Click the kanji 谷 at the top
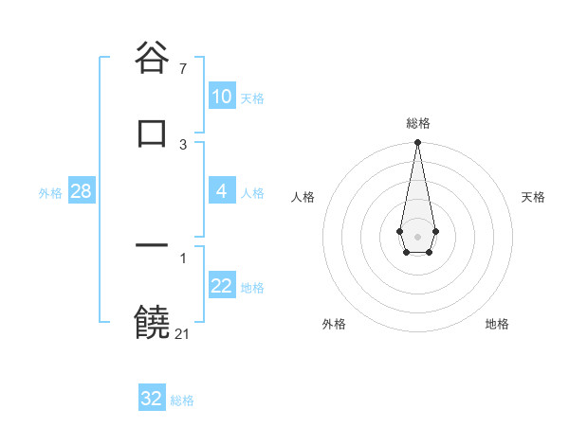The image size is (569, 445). pyautogui.click(x=153, y=57)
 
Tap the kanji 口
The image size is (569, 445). pyautogui.click(x=153, y=132)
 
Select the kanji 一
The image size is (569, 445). pyautogui.click(x=153, y=246)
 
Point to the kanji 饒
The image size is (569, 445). pyautogui.click(x=153, y=322)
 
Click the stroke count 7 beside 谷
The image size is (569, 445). pyautogui.click(x=183, y=69)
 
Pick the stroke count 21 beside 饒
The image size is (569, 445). pyautogui.click(x=183, y=334)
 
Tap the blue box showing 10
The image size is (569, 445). pyautogui.click(x=222, y=97)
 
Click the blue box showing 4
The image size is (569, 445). pyautogui.click(x=222, y=191)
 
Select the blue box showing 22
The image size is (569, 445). pyautogui.click(x=222, y=286)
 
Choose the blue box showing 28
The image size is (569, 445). pyautogui.click(x=82, y=191)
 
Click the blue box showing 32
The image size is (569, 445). pyautogui.click(x=152, y=399)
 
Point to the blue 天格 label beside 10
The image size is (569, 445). pyautogui.click(x=252, y=98)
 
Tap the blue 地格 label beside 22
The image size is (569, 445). pyautogui.click(x=252, y=288)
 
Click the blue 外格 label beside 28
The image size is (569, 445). pyautogui.click(x=50, y=193)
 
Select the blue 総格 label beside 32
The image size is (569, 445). pyautogui.click(x=182, y=400)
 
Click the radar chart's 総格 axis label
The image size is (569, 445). pyautogui.click(x=417, y=123)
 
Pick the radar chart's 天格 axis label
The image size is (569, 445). pyautogui.click(x=533, y=197)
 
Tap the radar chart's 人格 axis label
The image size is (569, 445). pyautogui.click(x=303, y=197)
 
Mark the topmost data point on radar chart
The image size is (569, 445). pyautogui.click(x=417, y=143)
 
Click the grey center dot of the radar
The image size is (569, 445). pyautogui.click(x=417, y=236)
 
